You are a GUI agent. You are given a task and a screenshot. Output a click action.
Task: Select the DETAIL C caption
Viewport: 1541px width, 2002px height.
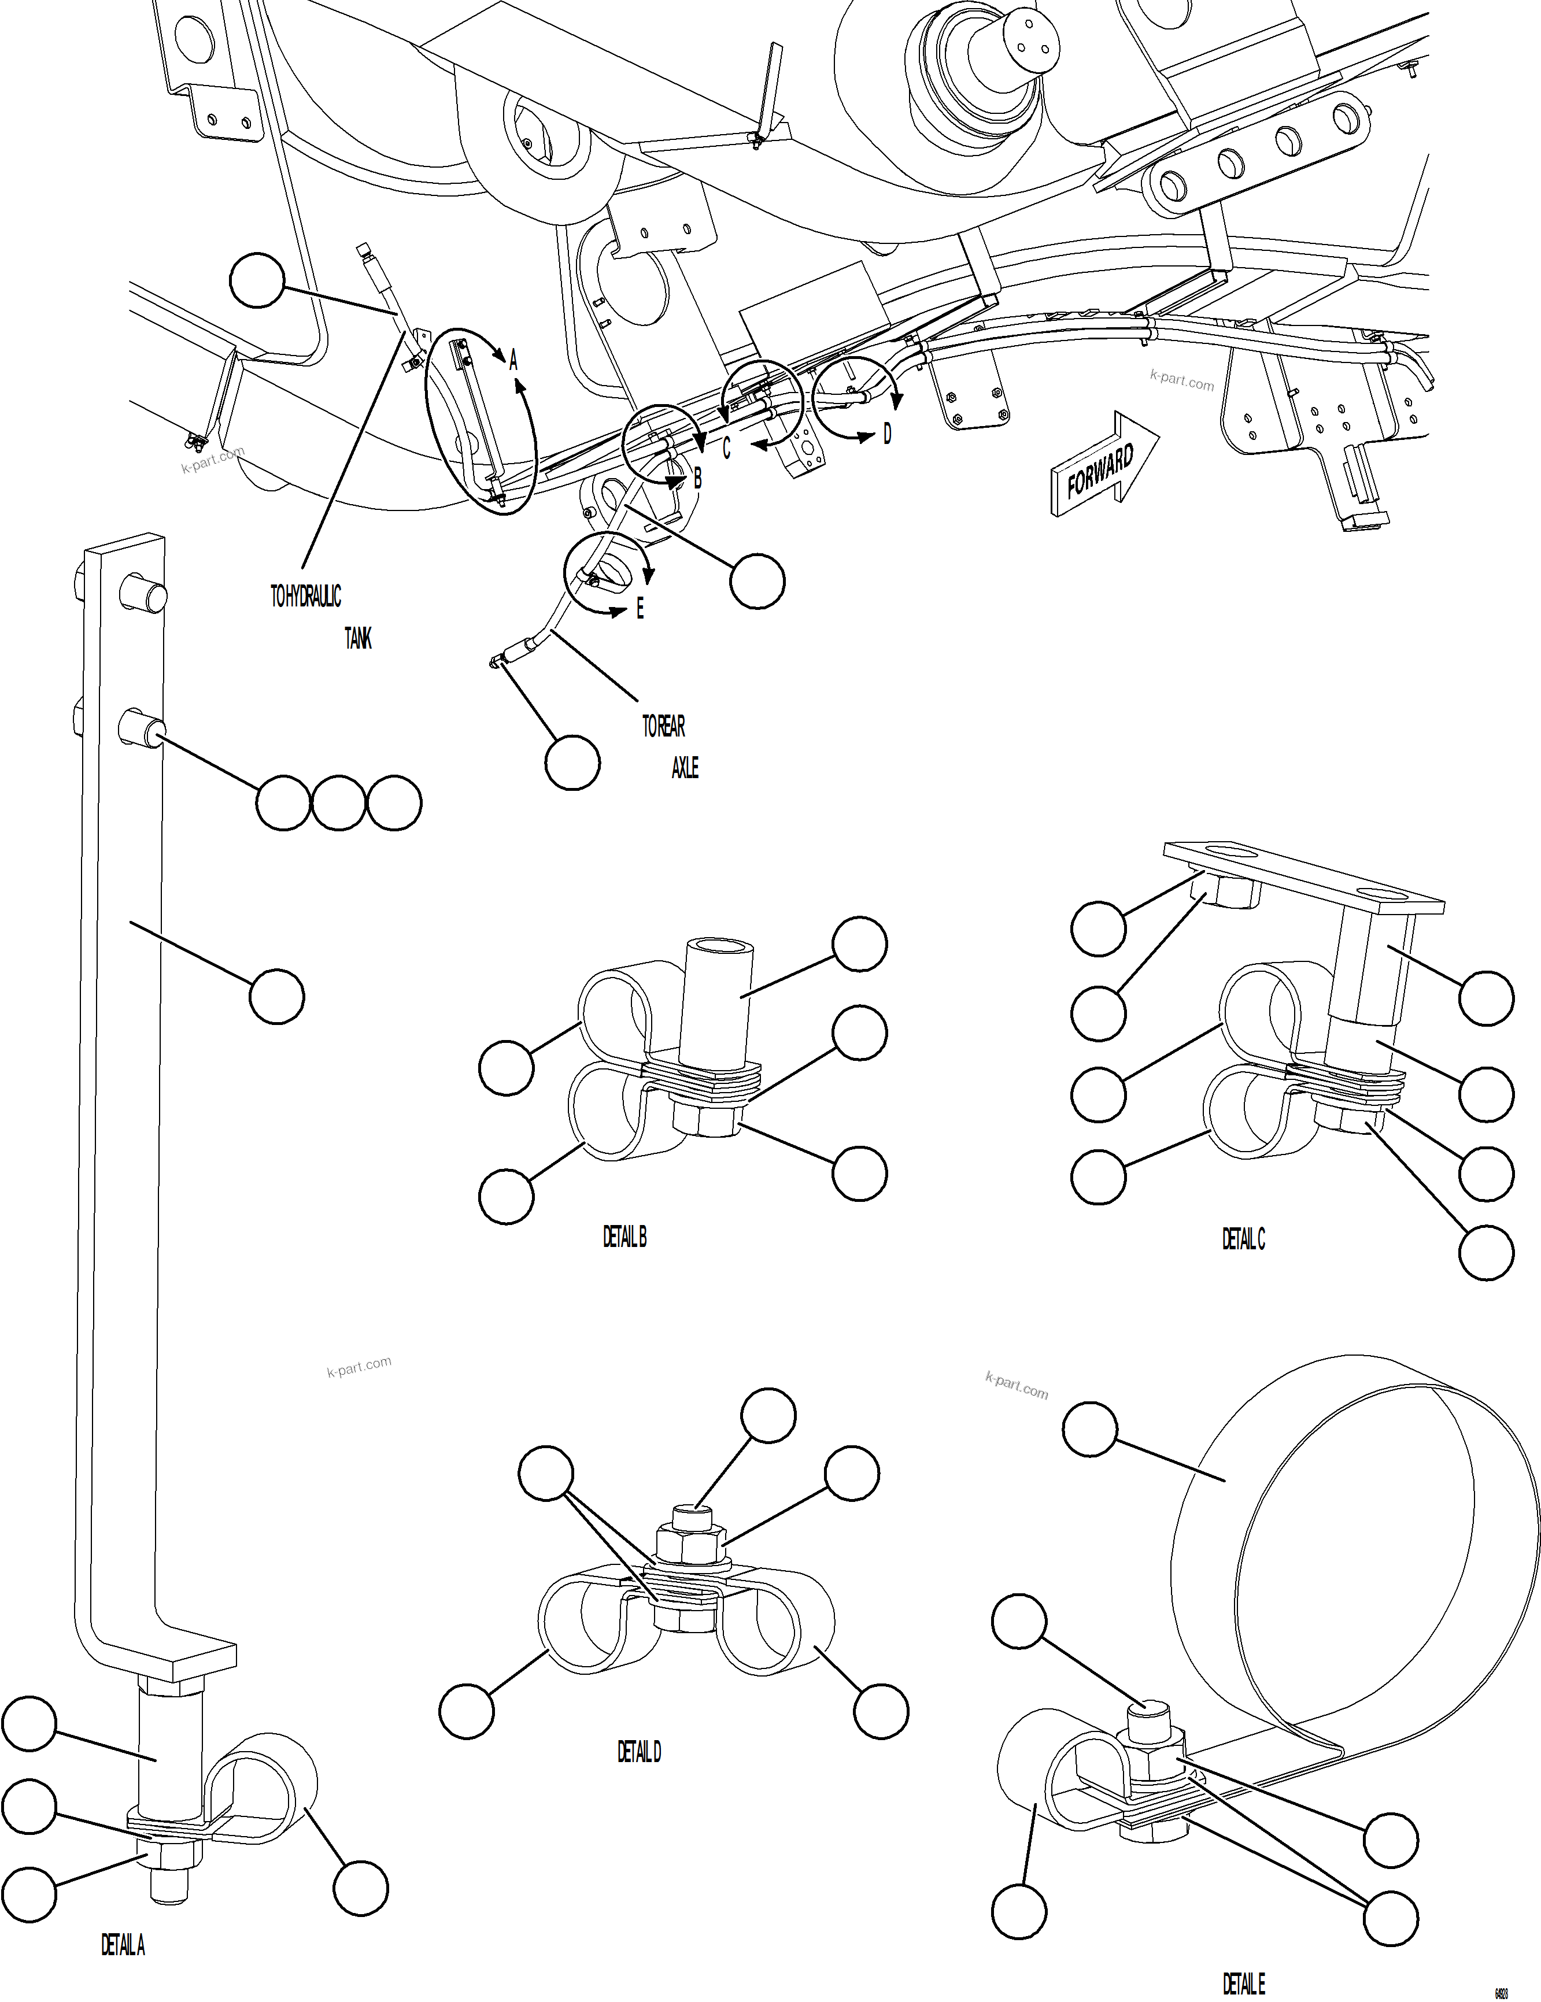[1243, 1239]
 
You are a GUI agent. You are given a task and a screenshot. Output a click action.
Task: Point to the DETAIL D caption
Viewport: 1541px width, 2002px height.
[639, 1752]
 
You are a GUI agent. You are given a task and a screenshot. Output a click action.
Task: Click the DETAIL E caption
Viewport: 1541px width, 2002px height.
[1243, 1985]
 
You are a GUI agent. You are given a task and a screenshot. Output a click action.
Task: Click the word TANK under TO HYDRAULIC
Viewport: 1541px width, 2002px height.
[357, 639]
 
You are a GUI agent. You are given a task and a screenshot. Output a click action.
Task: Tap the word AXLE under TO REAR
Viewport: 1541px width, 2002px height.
[685, 768]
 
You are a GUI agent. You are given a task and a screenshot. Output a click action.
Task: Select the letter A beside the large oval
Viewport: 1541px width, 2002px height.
[513, 360]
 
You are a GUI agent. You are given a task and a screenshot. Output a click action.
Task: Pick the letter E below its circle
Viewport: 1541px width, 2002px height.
[640, 609]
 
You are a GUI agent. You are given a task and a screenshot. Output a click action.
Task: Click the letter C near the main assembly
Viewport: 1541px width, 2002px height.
[727, 448]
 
